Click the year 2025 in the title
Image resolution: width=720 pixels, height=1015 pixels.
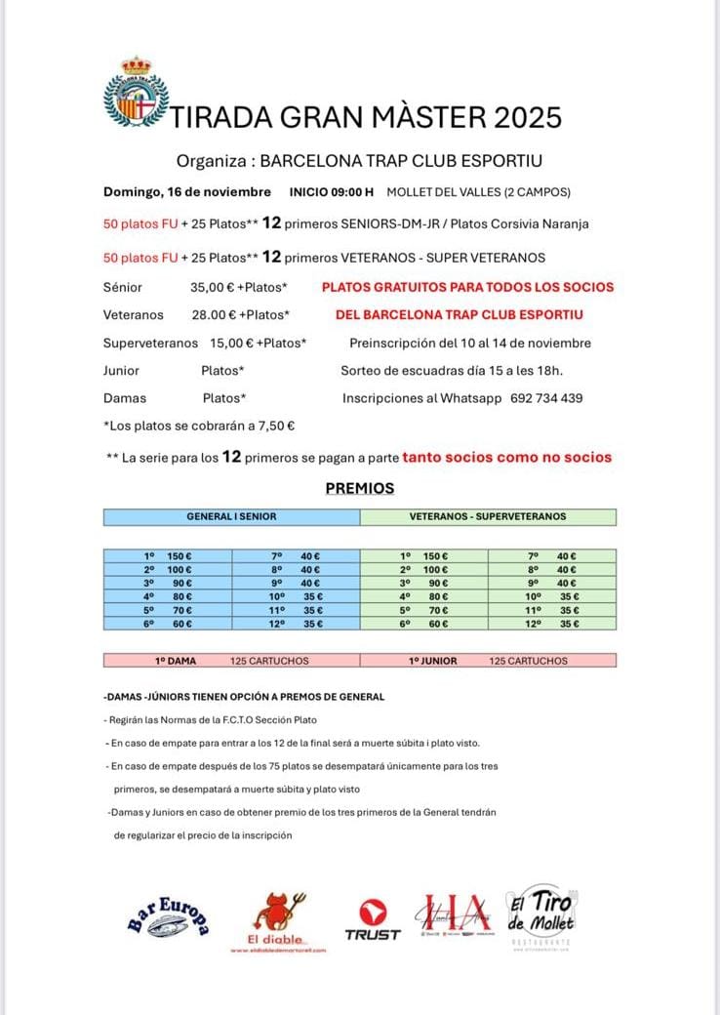(x=527, y=118)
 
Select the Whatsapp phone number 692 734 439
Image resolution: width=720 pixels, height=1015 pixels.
(x=546, y=398)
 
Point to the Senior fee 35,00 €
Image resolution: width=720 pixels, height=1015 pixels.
(x=215, y=288)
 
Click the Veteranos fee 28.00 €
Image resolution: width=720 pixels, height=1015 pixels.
(x=215, y=315)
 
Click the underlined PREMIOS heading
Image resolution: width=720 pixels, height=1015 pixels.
(x=359, y=488)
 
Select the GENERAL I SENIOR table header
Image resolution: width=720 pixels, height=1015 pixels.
(x=231, y=516)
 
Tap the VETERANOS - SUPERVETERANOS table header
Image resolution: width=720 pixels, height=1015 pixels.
(x=488, y=516)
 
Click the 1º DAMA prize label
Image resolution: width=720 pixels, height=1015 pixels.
(x=176, y=661)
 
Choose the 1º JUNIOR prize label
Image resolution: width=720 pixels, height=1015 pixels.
(x=432, y=661)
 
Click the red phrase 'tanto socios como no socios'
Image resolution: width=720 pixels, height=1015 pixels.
(x=507, y=457)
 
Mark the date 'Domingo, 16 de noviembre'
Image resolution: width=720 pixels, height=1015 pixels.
(x=187, y=191)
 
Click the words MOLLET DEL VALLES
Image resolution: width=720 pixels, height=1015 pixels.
(x=435, y=191)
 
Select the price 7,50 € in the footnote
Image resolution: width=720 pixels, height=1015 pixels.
(x=277, y=426)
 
